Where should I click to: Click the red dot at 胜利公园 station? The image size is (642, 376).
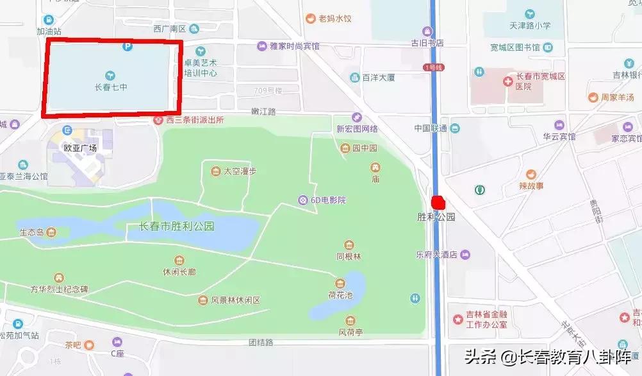click(438, 202)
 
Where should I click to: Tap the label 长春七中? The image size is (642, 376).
click(111, 87)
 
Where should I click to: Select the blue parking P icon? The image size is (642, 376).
click(127, 46)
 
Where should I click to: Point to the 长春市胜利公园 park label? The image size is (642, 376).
click(176, 226)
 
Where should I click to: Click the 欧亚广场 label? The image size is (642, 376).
click(79, 147)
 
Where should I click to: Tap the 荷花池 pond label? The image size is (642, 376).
click(341, 296)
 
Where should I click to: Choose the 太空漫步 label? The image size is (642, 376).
click(240, 171)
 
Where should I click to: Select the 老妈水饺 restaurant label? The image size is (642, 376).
click(335, 19)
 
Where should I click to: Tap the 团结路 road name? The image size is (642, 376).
click(261, 342)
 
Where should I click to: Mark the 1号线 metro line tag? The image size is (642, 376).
click(434, 67)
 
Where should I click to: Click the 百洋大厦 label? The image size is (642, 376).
click(378, 78)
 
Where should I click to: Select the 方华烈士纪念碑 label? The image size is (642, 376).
click(58, 289)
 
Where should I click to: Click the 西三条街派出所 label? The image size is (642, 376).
click(195, 120)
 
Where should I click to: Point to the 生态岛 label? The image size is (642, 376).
click(31, 232)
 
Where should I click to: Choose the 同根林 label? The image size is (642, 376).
click(349, 256)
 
